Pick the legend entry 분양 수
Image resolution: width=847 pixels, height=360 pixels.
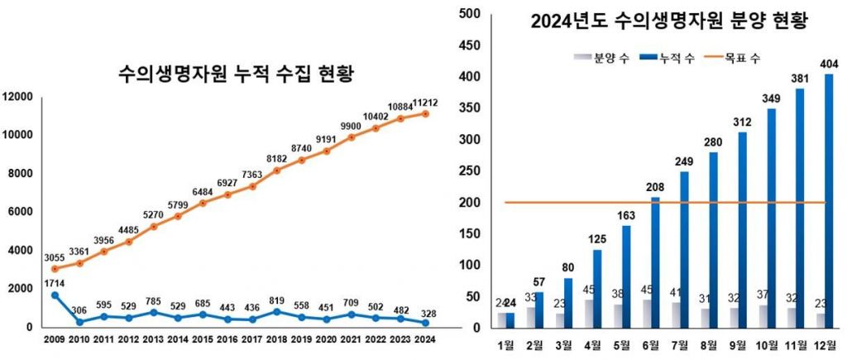(601, 58)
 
